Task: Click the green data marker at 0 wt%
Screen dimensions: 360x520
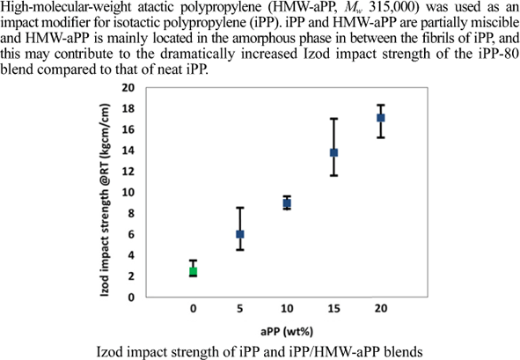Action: click(x=193, y=271)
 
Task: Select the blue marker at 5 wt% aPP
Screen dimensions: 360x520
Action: click(x=239, y=234)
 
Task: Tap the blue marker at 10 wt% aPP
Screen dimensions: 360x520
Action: click(x=287, y=203)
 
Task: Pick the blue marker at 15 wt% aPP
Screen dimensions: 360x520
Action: click(x=334, y=152)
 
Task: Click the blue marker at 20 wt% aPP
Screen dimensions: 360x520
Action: click(x=381, y=118)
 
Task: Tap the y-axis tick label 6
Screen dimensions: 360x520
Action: click(x=156, y=234)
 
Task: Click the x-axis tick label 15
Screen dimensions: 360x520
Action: click(x=334, y=309)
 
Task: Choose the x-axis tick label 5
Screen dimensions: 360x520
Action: click(x=239, y=309)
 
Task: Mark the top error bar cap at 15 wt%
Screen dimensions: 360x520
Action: click(x=334, y=119)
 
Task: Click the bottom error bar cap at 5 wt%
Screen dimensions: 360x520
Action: click(x=239, y=250)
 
